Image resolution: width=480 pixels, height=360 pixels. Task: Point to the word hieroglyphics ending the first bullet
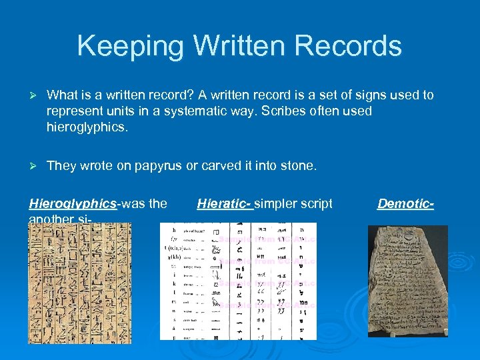click(x=86, y=127)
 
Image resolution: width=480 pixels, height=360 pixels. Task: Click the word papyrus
click(x=161, y=166)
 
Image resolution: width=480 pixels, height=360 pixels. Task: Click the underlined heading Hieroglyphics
click(x=72, y=203)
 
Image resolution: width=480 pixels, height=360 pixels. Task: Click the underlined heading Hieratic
click(x=223, y=203)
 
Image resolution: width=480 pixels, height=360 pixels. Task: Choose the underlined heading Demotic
click(x=405, y=203)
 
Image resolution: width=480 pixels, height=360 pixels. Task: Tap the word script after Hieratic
click(x=317, y=203)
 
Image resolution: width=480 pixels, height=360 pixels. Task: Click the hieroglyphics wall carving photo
click(x=80, y=283)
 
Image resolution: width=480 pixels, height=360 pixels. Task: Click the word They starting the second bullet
click(x=62, y=165)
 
